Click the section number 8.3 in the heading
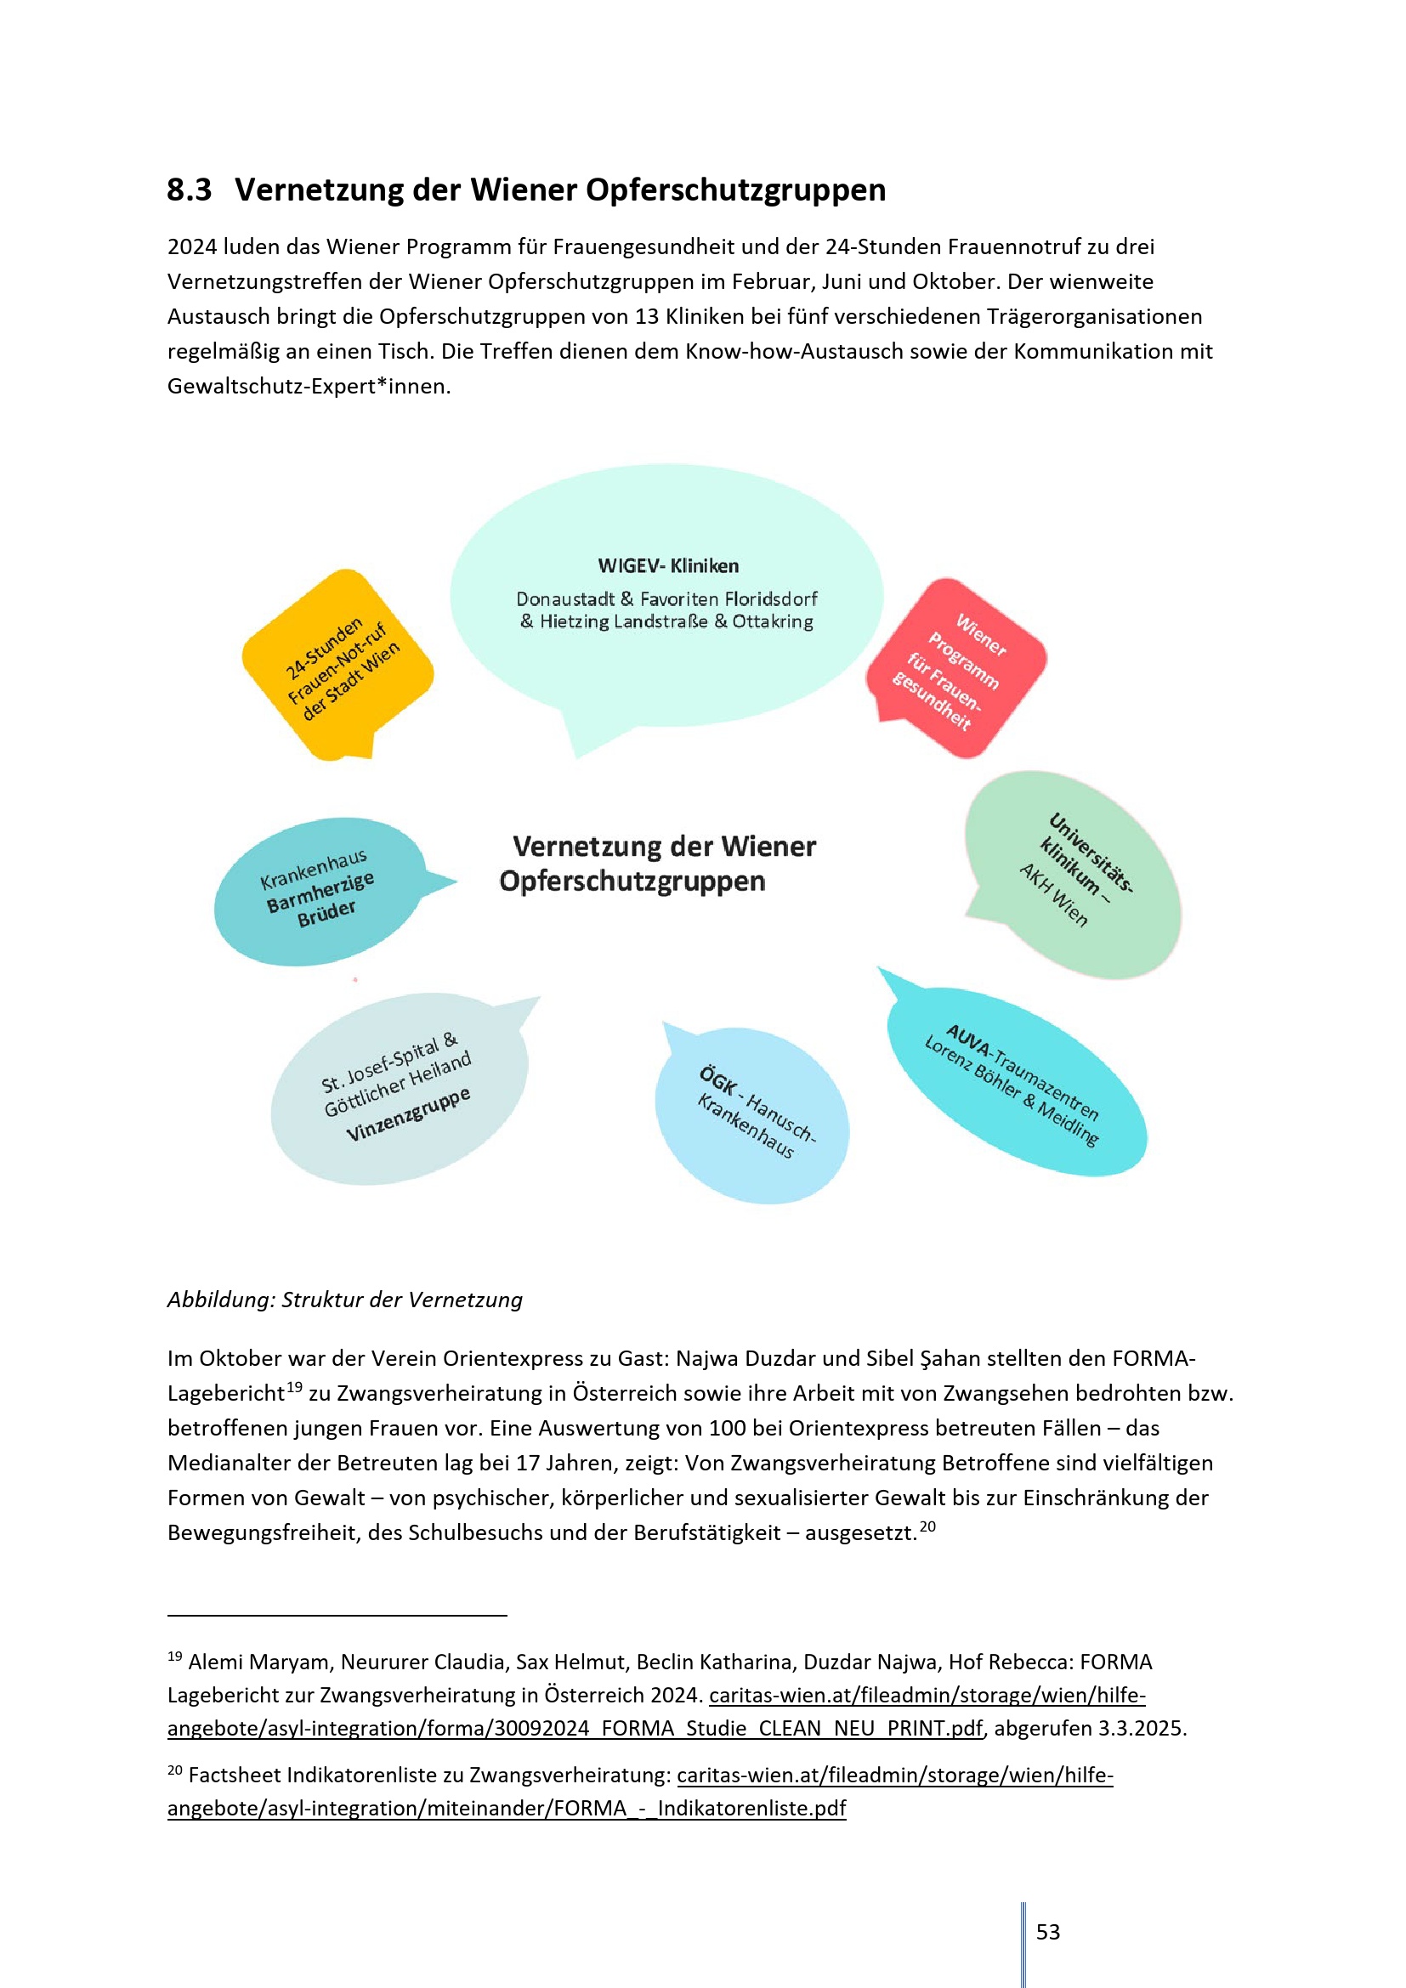pos(189,190)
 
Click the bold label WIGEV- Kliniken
pos(667,566)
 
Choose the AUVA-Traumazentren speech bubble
pos(1018,1082)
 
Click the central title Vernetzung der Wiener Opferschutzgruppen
pos(658,864)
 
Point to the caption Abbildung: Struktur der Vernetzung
pos(344,1300)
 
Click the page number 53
pos(1047,1932)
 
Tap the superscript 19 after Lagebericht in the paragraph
pos(294,1388)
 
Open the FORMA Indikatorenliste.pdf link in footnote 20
pos(507,1808)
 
